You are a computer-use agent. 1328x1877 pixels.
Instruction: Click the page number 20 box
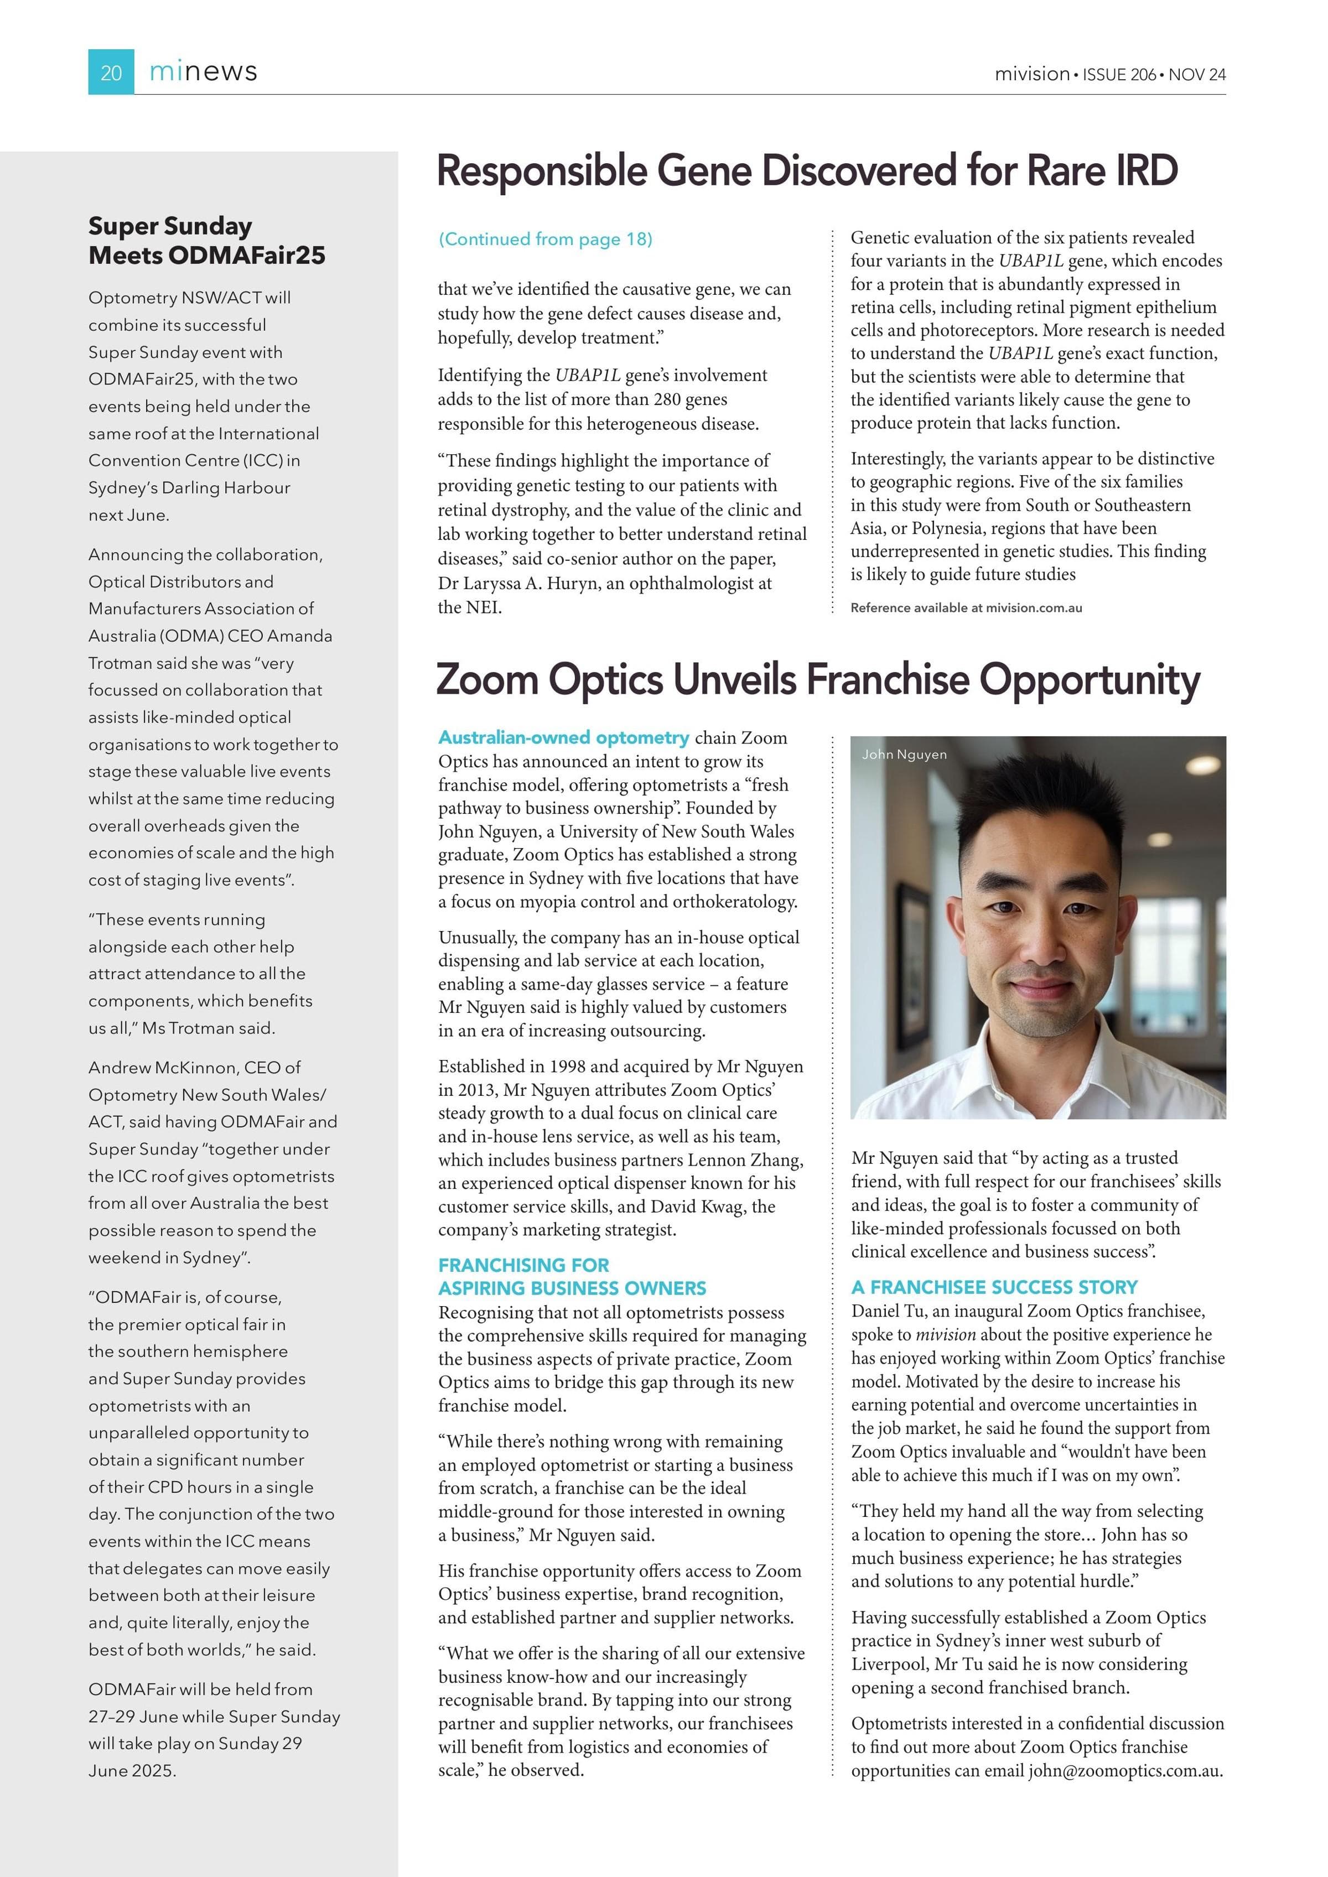[111, 73]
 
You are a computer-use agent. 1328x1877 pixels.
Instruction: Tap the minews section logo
[203, 72]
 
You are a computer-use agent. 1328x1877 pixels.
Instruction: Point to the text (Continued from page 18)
[546, 240]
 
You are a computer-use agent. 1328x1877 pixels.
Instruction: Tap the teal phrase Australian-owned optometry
[563, 737]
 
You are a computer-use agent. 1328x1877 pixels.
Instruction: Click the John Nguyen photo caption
[904, 755]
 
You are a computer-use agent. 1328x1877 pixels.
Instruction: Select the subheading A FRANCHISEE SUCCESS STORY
[994, 1287]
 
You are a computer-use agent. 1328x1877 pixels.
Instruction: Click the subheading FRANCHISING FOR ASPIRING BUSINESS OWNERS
[572, 1276]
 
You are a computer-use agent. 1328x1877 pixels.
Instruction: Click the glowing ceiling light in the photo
[1203, 765]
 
